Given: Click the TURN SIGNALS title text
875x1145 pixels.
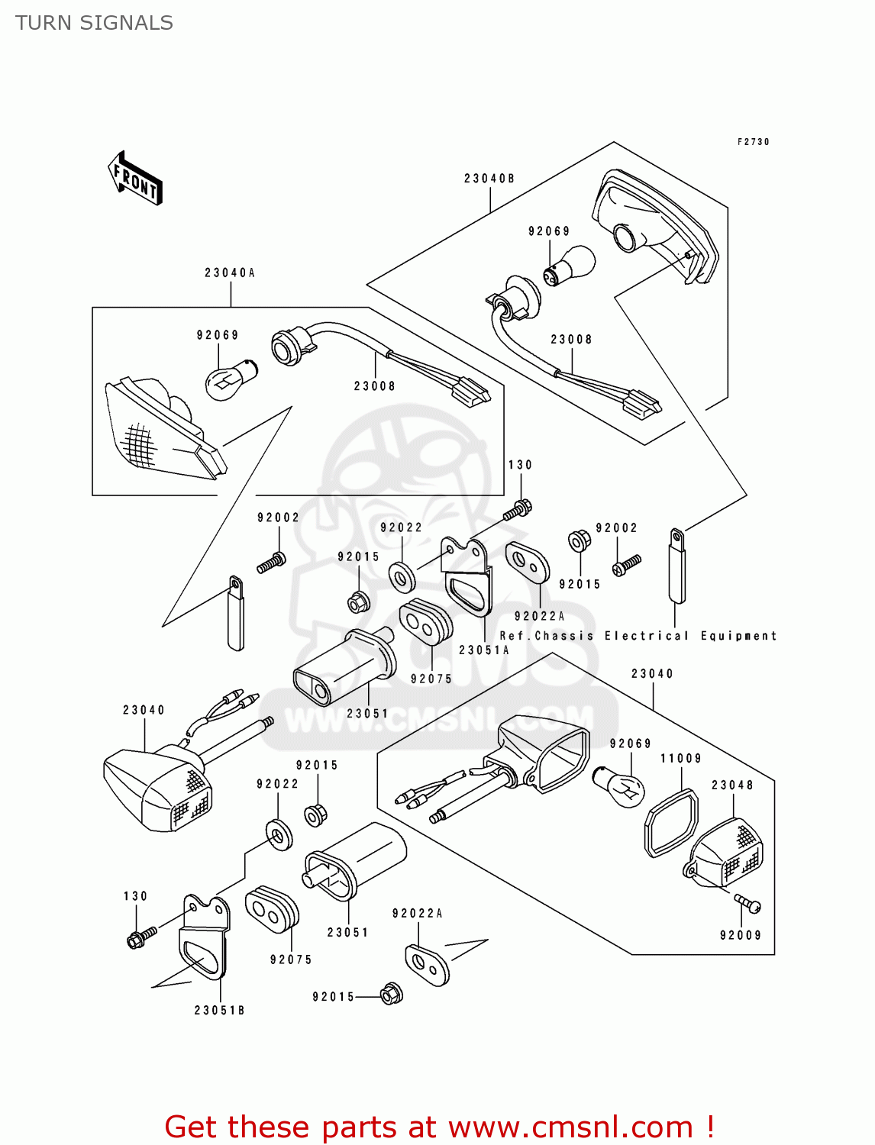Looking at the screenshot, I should click(94, 23).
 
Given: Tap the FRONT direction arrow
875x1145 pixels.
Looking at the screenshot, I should click(135, 179).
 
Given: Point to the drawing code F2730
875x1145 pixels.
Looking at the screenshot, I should click(753, 142).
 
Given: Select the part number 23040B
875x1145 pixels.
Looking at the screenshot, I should click(489, 179).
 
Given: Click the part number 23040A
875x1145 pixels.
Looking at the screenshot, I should click(230, 273).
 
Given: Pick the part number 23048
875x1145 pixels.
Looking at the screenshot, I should click(732, 785).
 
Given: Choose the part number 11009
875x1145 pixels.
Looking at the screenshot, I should click(680, 758).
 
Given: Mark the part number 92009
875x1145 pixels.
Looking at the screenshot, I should click(741, 935).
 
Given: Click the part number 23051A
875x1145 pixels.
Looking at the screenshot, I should click(484, 650).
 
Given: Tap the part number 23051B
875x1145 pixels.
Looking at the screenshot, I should click(220, 1010).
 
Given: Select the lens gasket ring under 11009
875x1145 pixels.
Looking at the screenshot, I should click(671, 824).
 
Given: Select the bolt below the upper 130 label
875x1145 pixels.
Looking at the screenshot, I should click(518, 509).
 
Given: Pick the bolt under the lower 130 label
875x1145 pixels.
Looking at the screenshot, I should click(141, 936).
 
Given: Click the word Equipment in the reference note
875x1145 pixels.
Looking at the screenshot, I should click(738, 636).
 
